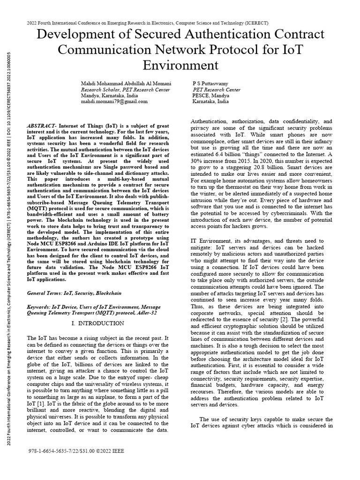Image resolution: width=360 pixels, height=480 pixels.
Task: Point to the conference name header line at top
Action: pos(180,22)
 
